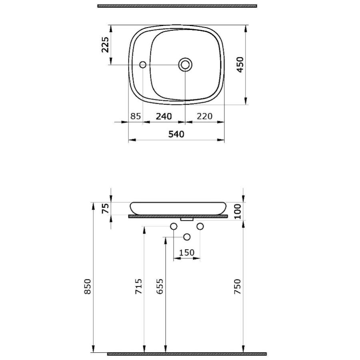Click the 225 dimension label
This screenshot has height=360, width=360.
(105, 45)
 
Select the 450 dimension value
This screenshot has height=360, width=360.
(240, 64)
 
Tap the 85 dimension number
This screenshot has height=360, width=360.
(136, 116)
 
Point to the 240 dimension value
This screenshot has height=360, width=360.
(164, 116)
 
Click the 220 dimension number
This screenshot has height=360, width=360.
(204, 116)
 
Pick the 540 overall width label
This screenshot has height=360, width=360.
(176, 134)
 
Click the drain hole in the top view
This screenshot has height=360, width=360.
(185, 64)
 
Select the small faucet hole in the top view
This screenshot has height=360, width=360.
(143, 64)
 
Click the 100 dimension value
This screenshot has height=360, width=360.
(238, 211)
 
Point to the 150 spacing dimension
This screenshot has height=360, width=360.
(186, 252)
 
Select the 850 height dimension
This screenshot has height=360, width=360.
(88, 286)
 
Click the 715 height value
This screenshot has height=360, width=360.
(138, 286)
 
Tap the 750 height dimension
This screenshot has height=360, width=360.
(238, 286)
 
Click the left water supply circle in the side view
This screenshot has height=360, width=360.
(174, 227)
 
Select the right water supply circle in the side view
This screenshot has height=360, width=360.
(200, 227)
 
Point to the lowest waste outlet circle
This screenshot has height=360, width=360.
(186, 237)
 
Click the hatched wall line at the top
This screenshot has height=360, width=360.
(177, 6)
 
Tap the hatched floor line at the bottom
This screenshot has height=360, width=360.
(186, 354)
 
